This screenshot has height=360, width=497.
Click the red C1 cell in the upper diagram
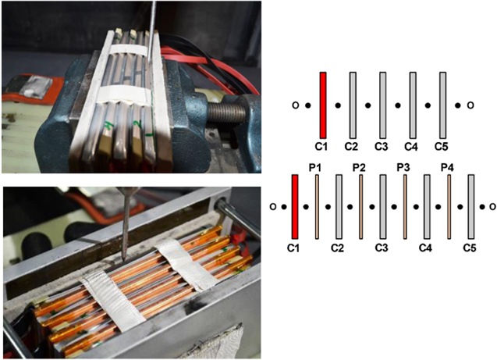point(323,105)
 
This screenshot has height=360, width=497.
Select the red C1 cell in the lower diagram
point(295,206)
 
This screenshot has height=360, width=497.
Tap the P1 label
point(314,167)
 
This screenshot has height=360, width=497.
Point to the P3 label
point(403,167)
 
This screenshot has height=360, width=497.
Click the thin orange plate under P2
point(361,206)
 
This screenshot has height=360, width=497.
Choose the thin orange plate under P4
point(449,206)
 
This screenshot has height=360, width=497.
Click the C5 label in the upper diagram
point(441,147)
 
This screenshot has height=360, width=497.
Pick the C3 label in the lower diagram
point(382,248)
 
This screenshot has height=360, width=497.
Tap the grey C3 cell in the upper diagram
point(383,105)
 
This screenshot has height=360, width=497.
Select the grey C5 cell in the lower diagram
point(471,206)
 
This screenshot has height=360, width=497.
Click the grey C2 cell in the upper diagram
point(353,105)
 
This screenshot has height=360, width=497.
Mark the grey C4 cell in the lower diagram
point(427,206)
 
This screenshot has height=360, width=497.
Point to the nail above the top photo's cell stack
point(151,32)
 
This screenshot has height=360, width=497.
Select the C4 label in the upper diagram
point(411,147)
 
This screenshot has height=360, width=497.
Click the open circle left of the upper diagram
point(296,105)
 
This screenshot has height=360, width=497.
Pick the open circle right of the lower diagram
point(492,207)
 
